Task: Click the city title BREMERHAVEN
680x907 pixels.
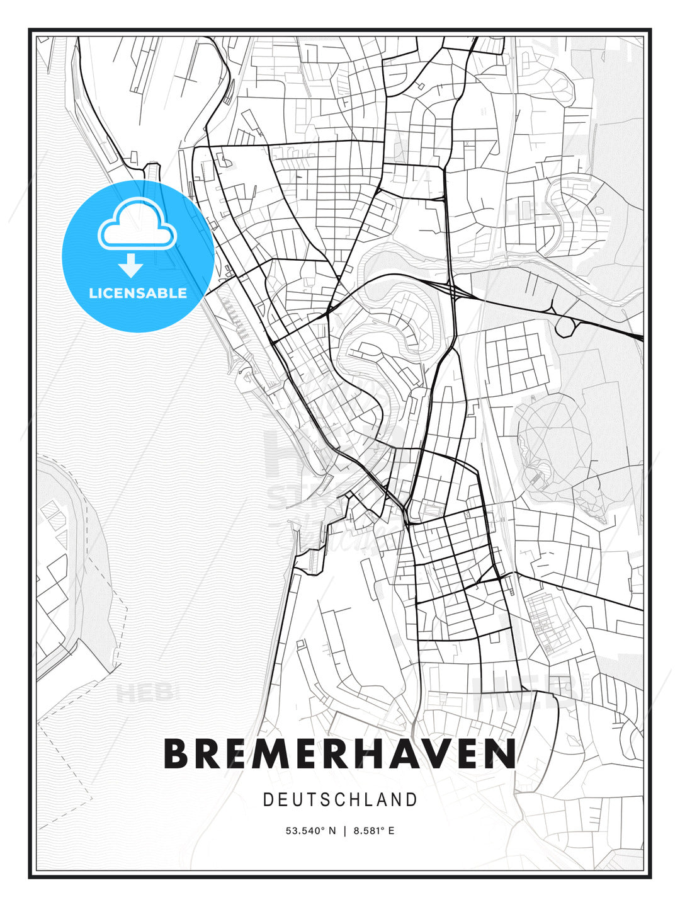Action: point(340,753)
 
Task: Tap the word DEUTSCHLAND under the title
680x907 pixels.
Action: point(340,800)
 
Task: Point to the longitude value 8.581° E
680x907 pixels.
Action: point(373,831)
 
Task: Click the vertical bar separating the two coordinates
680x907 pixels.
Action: point(344,831)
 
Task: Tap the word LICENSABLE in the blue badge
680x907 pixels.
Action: point(138,293)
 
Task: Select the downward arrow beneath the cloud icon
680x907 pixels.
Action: point(131,265)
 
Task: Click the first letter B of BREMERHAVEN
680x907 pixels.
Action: point(176,753)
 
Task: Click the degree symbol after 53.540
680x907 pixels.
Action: point(322,828)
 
